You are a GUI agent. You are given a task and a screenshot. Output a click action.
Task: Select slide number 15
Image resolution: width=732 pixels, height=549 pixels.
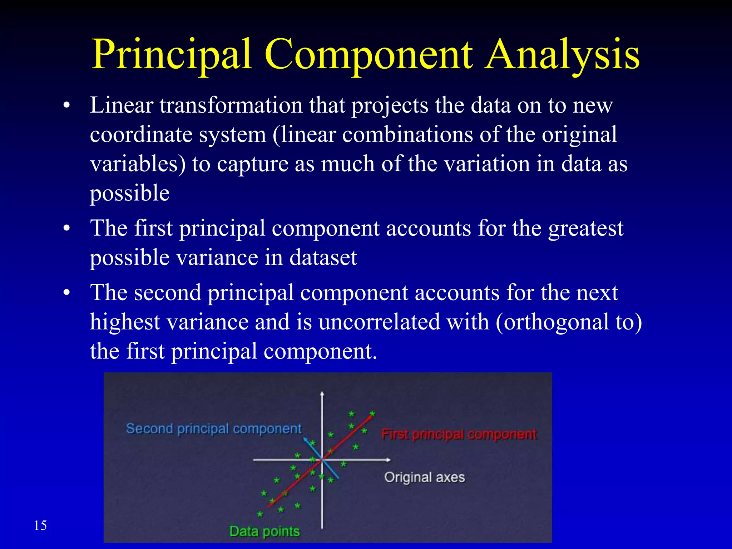40,525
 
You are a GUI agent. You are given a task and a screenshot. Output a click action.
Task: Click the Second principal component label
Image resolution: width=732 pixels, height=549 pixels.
214,429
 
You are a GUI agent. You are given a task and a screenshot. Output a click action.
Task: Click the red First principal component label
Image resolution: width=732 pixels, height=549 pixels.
459,434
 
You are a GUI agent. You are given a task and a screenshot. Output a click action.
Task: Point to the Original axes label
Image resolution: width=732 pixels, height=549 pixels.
425,477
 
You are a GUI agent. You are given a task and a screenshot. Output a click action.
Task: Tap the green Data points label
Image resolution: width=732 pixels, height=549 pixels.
264,531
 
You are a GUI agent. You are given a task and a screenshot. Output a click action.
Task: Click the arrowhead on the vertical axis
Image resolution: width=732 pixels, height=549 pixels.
322,394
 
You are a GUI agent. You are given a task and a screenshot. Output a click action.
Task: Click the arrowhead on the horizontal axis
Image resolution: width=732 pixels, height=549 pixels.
389,460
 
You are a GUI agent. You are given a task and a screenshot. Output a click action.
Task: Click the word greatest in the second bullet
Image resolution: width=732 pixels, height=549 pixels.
586,228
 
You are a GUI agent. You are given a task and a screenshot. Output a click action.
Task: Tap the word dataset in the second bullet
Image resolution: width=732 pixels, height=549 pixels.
323,258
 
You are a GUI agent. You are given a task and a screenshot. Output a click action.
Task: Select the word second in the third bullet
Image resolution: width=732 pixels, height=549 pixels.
168,293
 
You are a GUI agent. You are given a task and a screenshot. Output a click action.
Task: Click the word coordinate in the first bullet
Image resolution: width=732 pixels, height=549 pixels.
141,135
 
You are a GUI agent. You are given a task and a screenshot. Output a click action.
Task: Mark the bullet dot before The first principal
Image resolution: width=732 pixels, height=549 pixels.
66,229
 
